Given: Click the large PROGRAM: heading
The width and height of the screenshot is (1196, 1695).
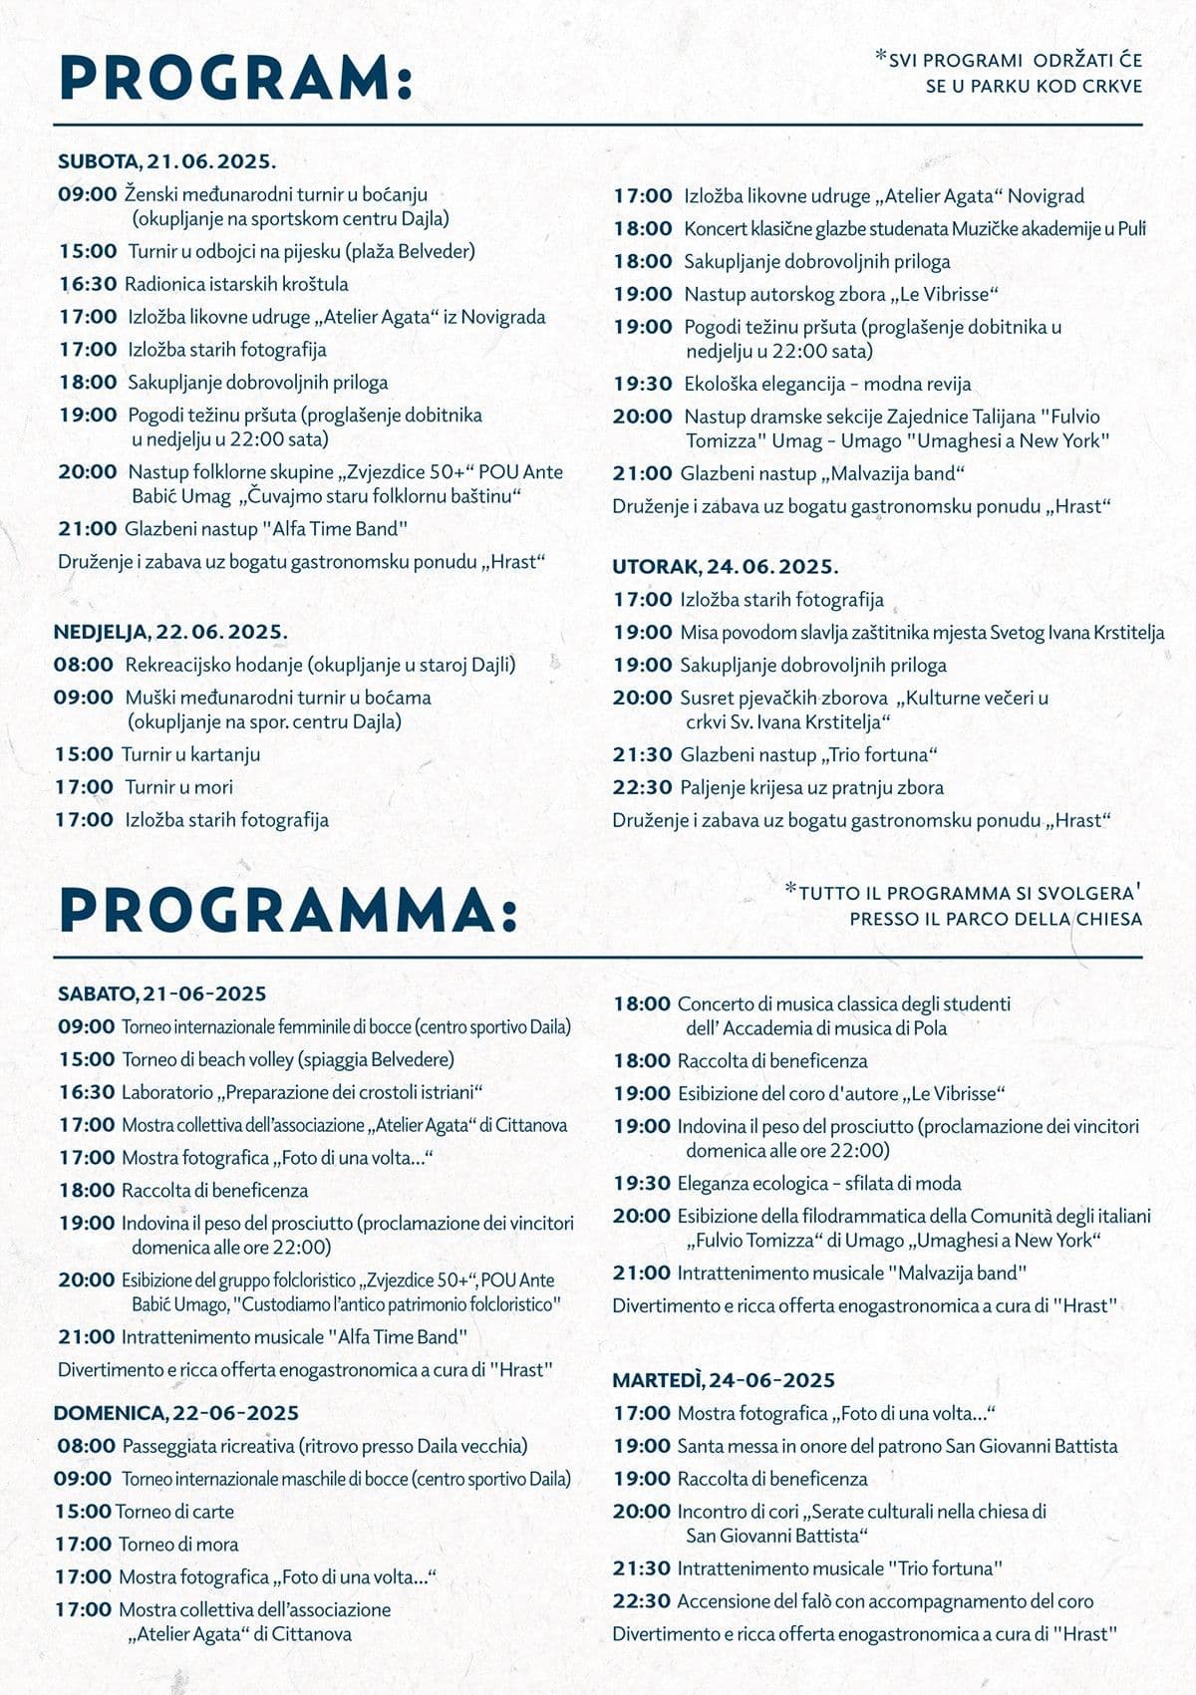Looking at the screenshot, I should point(235,78).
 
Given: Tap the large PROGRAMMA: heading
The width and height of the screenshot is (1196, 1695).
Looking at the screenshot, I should point(288,910).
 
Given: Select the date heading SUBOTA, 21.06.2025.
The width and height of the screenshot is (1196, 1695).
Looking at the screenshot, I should point(166,160).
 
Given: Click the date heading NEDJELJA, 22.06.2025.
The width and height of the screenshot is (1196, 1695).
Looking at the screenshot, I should point(170,632).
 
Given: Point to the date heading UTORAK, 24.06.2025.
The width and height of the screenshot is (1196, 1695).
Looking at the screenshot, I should point(725,567).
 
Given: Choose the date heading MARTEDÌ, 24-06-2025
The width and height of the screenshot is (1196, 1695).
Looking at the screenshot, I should point(723,1380).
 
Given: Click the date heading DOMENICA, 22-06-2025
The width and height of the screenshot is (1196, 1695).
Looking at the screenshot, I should point(175,1413).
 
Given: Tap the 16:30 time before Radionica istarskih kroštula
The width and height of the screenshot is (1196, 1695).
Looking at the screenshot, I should point(88,284).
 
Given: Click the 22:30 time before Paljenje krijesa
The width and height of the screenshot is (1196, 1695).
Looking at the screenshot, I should point(642,787).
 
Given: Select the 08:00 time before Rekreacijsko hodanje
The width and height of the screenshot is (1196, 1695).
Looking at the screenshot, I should point(84,665).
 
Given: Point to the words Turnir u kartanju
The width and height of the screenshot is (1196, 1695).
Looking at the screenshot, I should point(190,754).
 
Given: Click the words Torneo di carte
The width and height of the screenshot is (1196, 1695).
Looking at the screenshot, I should point(174,1512).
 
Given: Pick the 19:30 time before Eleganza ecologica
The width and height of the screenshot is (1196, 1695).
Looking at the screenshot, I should point(642,1184).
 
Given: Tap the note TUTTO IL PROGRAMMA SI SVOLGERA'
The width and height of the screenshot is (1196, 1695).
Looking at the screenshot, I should point(965,893).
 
